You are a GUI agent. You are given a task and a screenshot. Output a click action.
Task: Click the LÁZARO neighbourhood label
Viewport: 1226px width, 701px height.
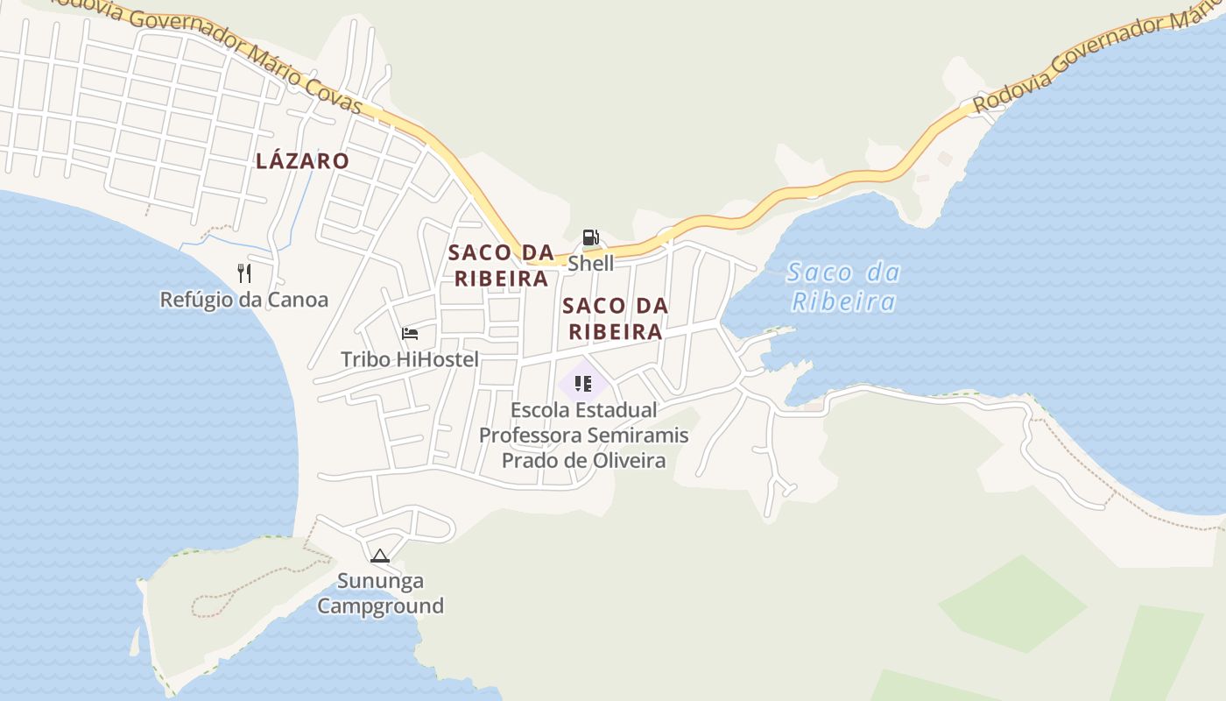point(302,161)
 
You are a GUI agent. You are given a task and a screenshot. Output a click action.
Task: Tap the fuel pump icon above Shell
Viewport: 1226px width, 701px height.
point(590,237)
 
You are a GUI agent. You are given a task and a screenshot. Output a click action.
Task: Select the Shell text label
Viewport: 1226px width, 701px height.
point(591,263)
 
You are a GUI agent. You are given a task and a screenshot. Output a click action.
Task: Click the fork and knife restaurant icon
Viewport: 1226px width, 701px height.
point(244,273)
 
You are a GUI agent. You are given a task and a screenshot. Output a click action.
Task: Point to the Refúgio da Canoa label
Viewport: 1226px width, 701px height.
point(243,300)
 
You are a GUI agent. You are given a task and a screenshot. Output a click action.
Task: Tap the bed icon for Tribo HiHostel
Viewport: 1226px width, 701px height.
point(409,334)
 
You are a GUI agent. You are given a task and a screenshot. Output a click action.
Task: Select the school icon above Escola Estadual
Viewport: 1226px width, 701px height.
point(584,383)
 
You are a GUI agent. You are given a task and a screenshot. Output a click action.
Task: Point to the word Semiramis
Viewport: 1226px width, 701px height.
point(638,435)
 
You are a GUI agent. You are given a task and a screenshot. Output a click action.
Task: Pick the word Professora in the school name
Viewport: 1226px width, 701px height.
point(530,435)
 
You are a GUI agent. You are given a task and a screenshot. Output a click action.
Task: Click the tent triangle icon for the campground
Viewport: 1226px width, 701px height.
point(379,556)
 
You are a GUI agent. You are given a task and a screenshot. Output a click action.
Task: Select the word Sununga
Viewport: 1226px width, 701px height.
point(381,581)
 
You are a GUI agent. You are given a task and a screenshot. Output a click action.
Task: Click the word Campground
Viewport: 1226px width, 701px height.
point(380,605)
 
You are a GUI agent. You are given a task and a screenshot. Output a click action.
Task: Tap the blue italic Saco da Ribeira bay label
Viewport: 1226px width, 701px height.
point(843,287)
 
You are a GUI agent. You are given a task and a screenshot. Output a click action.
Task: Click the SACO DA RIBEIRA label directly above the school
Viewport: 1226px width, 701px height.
point(616,319)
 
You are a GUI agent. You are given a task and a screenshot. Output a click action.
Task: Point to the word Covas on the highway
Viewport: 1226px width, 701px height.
point(330,95)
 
